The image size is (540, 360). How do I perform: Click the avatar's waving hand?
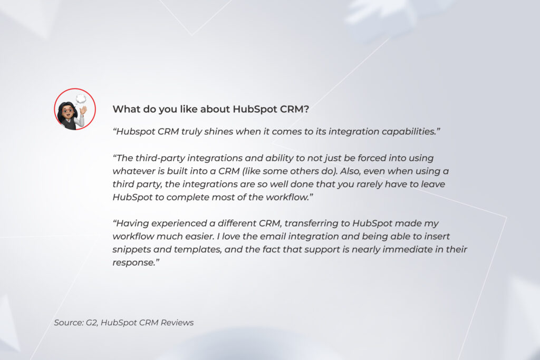click(83, 111)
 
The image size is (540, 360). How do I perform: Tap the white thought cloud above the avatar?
click(81, 99)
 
